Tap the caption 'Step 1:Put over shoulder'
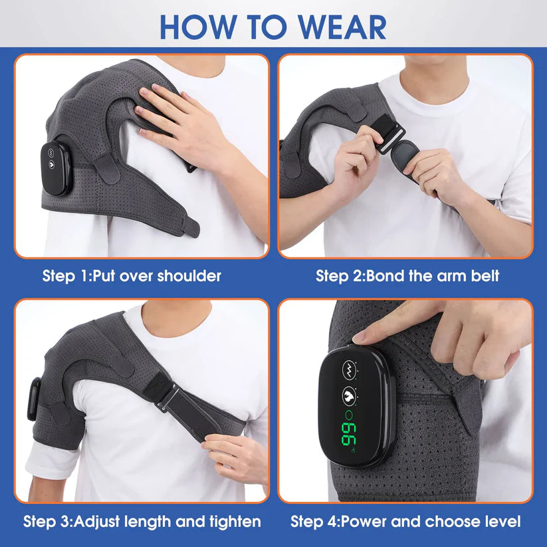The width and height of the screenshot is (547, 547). pos(132,275)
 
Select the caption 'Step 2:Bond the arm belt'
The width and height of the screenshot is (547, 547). pos(407,275)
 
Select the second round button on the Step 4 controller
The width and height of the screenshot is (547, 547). pos(348,397)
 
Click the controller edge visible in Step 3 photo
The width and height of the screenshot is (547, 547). pos(31,399)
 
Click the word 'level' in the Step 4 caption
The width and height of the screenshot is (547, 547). pos(499,521)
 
